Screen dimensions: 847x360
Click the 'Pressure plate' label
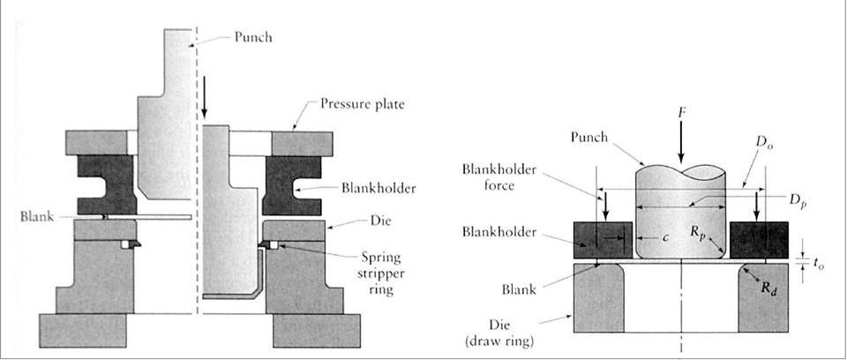(x=363, y=104)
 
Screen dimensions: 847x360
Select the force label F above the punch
(x=681, y=115)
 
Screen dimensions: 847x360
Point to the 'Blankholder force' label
(x=499, y=178)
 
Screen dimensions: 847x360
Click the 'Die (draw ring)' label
(x=499, y=334)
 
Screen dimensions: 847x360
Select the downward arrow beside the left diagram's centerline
(x=204, y=97)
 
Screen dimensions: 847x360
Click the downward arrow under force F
(x=681, y=142)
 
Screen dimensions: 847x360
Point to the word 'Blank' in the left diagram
(x=37, y=217)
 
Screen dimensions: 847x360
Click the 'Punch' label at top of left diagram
(x=253, y=37)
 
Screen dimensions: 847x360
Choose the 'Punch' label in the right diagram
(x=589, y=138)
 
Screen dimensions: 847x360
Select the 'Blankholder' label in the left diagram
(x=379, y=188)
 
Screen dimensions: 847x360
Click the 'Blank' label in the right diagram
(x=519, y=289)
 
